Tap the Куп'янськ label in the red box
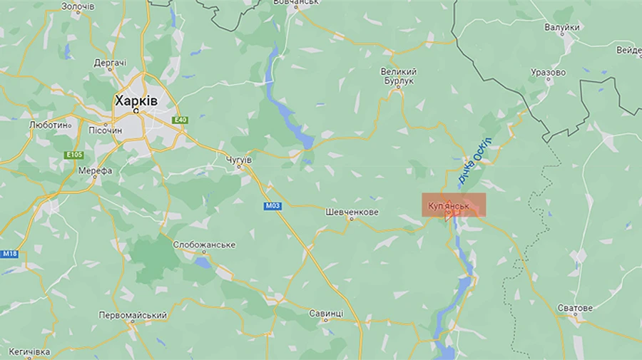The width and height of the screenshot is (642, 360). coord(448,206)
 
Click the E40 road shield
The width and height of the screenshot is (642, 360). coord(180,120)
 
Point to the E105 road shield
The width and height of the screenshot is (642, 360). coord(73,155)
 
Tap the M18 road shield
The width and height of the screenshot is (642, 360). coord(9,254)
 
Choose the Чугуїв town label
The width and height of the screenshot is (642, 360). coord(238,160)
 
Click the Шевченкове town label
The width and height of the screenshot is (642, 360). coord(351,212)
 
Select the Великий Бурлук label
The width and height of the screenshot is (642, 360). coord(398,76)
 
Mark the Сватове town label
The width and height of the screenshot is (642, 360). coord(574,308)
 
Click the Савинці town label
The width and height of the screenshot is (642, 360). coord(326,314)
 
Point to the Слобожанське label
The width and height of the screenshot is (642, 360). coord(204,245)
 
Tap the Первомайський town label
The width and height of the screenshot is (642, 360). coord(133,315)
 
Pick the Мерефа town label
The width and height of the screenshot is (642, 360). coord(95,171)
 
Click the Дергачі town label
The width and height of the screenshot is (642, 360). coord(111,63)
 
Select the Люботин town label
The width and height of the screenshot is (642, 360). coord(49,124)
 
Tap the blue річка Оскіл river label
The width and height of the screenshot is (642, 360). coord(475,160)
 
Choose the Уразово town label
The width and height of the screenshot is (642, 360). coord(548,73)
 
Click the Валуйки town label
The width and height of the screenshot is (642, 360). coord(561,27)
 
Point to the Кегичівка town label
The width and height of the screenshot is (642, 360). coord(29,352)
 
